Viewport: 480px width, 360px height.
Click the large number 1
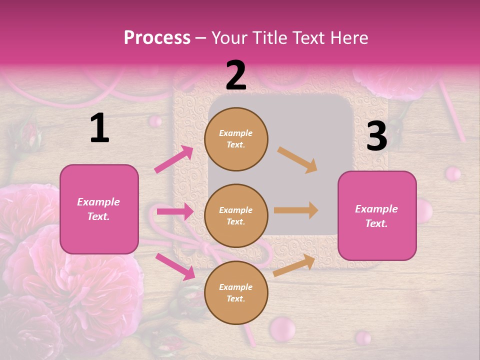[99, 128]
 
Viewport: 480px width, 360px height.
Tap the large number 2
[236, 75]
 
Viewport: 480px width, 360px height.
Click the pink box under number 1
[99, 209]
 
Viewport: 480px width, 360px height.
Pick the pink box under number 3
[377, 215]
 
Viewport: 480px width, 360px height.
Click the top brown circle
[236, 139]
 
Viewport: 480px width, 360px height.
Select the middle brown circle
[236, 215]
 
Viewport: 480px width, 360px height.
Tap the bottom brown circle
[236, 292]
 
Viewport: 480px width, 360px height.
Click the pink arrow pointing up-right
[174, 159]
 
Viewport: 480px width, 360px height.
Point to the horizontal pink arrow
[175, 212]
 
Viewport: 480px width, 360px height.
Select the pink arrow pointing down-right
[175, 266]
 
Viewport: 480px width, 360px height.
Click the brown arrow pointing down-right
[297, 159]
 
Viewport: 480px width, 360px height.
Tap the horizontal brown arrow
[296, 210]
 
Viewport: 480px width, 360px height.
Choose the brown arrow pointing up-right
[294, 265]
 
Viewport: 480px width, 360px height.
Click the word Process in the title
[157, 37]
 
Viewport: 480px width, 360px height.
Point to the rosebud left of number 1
[30, 135]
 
